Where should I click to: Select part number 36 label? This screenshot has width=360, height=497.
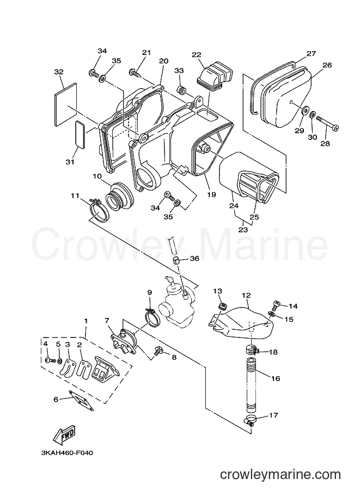(194, 259)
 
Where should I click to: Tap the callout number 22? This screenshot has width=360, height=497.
(197, 54)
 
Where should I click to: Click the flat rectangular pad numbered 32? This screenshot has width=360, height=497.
(66, 103)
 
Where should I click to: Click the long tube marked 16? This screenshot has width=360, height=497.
(253, 385)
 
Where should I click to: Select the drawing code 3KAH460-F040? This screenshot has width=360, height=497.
(67, 453)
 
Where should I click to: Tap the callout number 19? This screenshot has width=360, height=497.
(211, 194)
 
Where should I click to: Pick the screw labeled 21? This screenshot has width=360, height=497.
(135, 73)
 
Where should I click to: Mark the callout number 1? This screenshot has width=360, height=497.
(86, 321)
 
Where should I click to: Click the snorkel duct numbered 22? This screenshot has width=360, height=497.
(215, 76)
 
